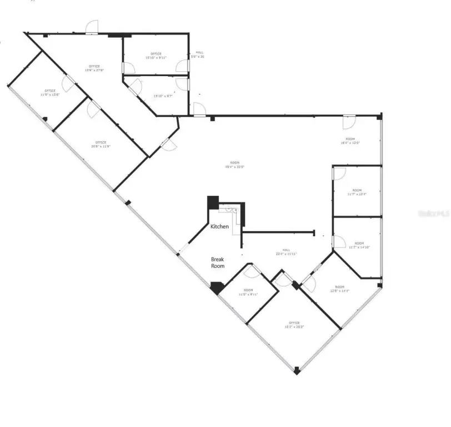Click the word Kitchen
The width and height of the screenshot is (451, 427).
tap(219, 226)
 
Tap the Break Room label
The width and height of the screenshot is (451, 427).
tap(218, 263)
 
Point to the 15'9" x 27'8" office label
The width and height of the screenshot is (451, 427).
tap(94, 68)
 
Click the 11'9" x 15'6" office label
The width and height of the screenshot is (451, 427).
tap(50, 93)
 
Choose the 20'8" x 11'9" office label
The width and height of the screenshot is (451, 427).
tap(101, 144)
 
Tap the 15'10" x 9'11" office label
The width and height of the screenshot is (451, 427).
tap(156, 56)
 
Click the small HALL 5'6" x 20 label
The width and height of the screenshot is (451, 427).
tap(198, 54)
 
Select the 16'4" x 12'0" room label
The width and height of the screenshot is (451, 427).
tap(350, 141)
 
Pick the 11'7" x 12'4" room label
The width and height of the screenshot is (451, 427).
tap(357, 192)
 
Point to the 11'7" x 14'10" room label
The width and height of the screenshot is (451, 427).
tap(359, 245)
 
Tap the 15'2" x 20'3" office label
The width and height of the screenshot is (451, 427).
tap(294, 325)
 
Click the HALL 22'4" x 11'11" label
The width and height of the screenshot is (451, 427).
tap(286, 252)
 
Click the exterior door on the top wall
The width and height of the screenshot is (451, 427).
tap(92, 28)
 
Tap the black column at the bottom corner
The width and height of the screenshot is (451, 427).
tap(297, 369)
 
